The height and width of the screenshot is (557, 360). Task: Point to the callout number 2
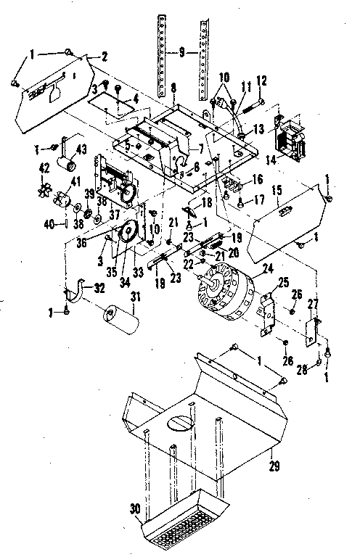(x=104, y=57)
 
